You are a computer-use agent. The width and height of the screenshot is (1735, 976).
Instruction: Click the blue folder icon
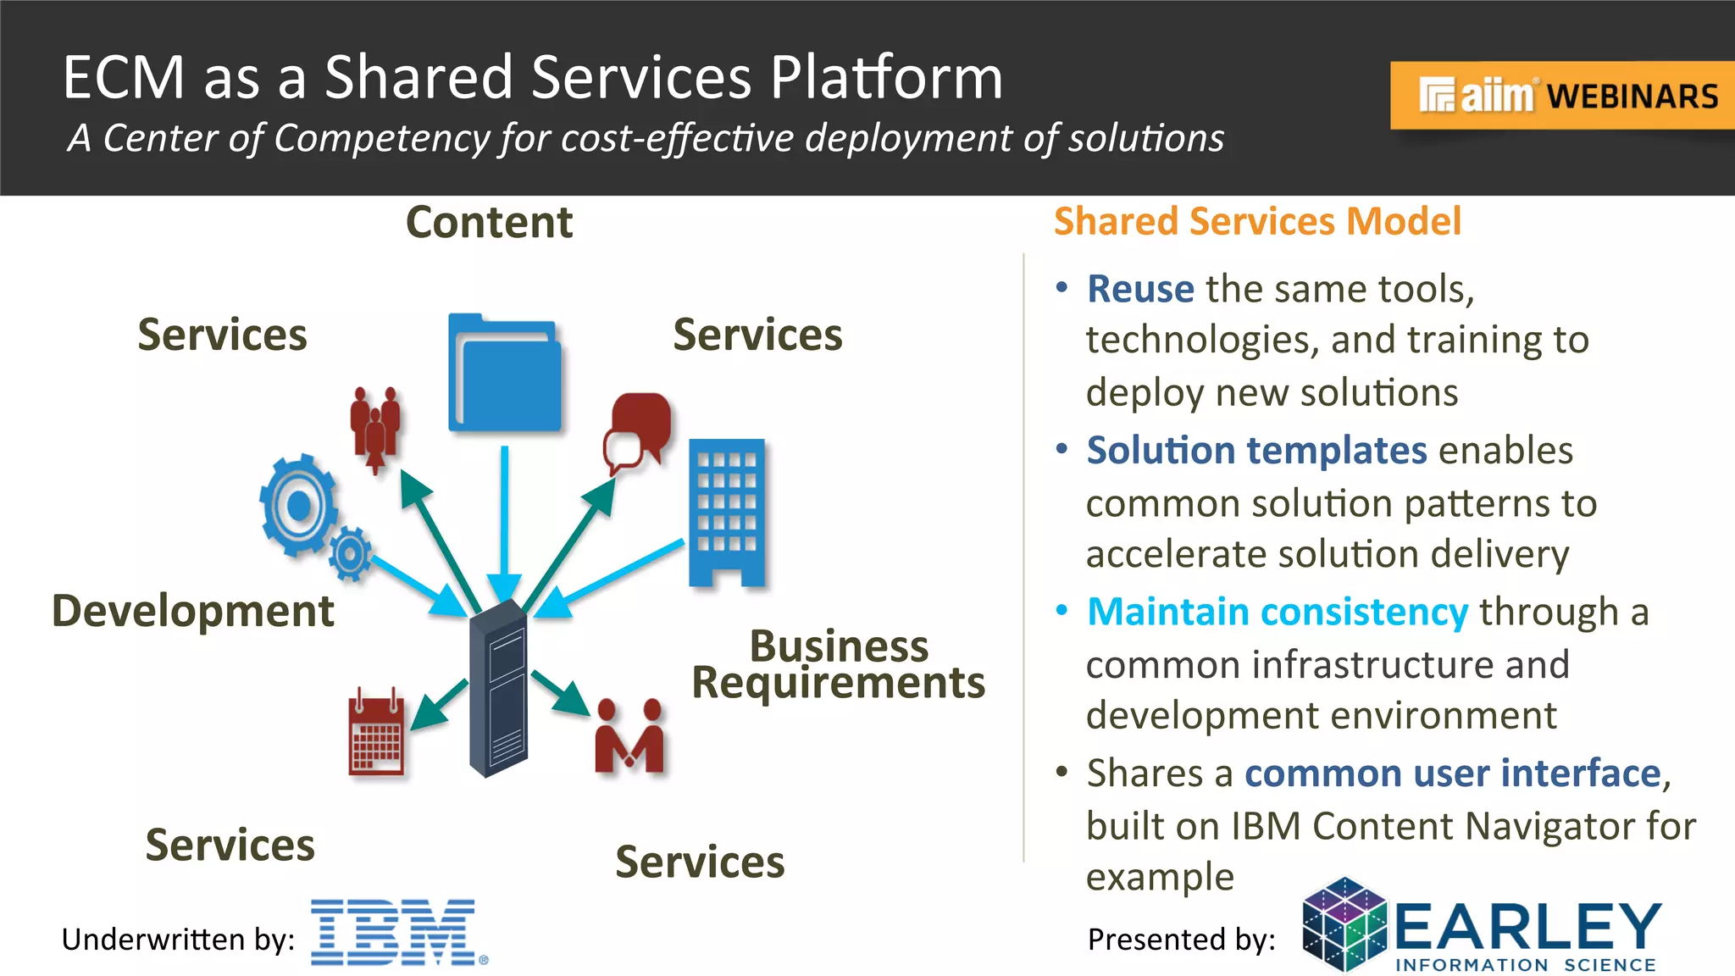point(505,374)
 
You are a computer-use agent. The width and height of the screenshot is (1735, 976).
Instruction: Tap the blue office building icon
point(727,513)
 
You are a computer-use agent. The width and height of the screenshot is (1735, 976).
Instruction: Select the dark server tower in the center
point(499,688)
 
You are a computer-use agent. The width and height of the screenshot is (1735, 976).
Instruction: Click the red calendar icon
point(376,734)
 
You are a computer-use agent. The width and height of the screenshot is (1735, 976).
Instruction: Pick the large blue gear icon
point(297,505)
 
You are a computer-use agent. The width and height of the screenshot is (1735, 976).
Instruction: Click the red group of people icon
point(375,428)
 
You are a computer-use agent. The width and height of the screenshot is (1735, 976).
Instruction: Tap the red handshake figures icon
point(629,736)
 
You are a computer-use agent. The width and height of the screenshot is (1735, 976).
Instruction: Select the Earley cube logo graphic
point(1344,925)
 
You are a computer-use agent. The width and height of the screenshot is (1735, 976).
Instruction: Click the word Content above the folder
point(489,223)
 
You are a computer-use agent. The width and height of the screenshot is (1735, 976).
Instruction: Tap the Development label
point(192,611)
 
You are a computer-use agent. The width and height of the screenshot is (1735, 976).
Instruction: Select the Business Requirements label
point(839,664)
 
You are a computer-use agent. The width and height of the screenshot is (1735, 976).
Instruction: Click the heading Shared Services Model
point(1257,221)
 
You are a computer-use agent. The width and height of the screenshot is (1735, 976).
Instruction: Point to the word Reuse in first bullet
point(1140,289)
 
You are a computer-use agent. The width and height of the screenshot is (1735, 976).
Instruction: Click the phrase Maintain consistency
point(1277,612)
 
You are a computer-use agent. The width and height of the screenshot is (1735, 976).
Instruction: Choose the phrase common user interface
point(1452,773)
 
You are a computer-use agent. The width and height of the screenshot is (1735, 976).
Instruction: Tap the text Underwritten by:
point(178,940)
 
